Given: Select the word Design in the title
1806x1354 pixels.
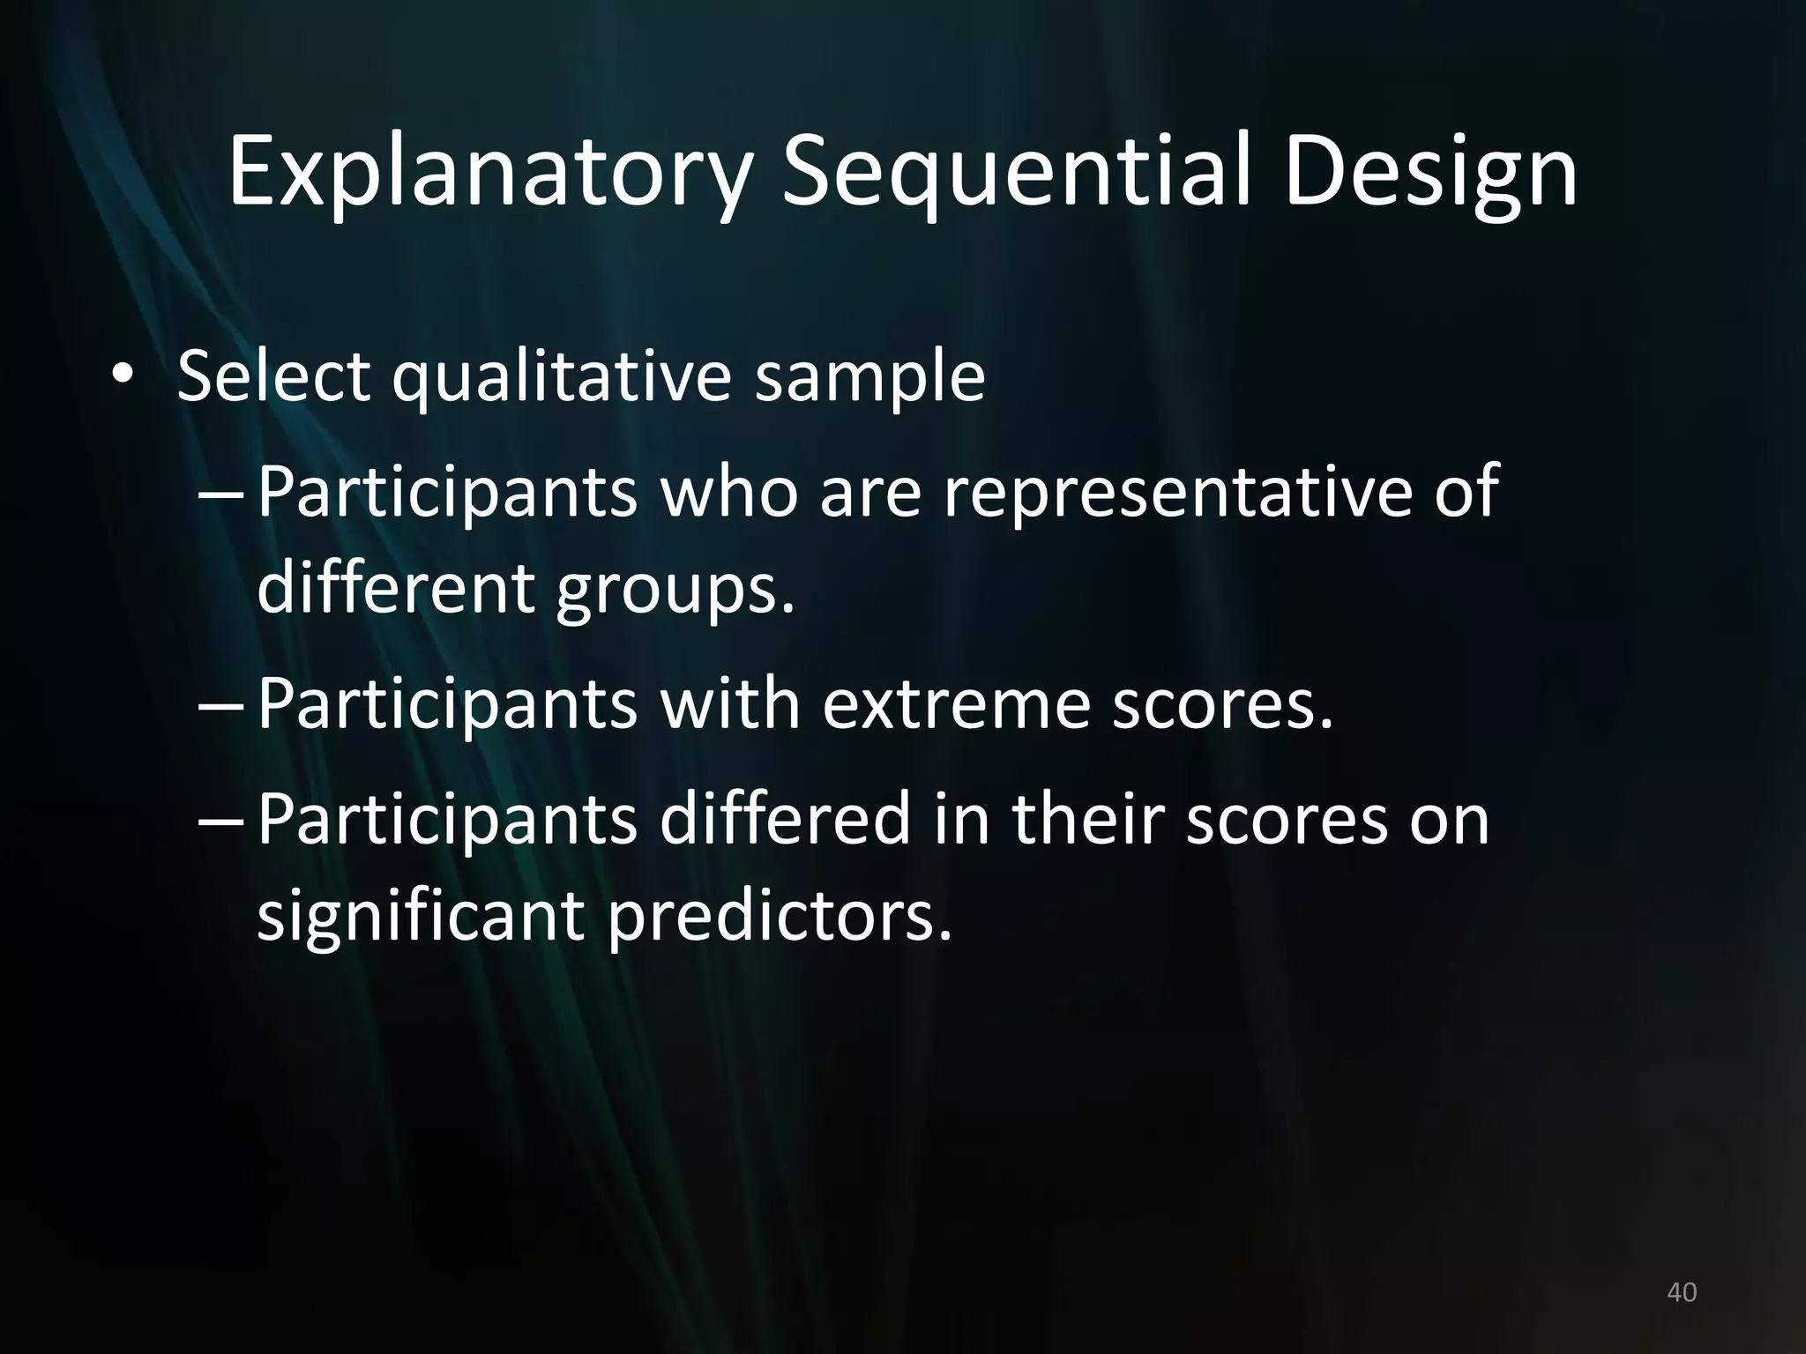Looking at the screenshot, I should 1429,173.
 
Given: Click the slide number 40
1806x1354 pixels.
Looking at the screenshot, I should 1682,1292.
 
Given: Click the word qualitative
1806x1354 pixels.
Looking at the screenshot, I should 562,377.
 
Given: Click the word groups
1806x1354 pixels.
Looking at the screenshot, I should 675,589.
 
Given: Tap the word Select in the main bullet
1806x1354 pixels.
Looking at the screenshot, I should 273,377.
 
